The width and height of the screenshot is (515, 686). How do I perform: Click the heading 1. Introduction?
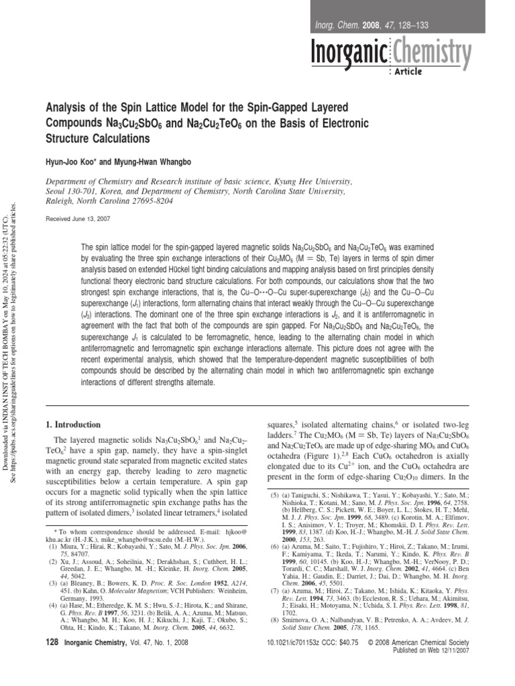pos(72,425)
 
